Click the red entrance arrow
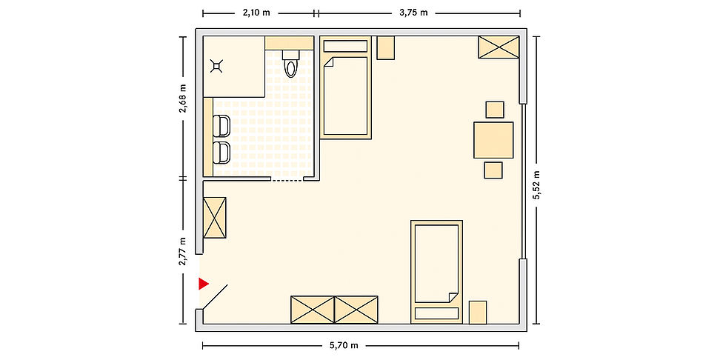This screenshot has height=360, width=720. (203, 284)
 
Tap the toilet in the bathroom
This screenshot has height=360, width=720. (290, 64)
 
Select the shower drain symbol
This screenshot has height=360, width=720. (216, 67)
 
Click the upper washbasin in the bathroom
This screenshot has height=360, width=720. (221, 126)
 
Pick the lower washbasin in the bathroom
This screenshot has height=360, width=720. (221, 153)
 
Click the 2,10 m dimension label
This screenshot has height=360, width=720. (256, 13)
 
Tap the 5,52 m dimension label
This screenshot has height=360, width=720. (536, 184)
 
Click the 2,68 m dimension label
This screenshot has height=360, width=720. (183, 98)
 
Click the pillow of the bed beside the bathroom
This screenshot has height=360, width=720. (345, 46)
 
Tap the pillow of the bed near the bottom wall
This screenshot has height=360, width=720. (437, 313)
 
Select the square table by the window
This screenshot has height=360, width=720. (493, 140)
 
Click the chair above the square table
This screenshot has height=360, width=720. (495, 110)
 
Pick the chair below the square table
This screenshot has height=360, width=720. (493, 170)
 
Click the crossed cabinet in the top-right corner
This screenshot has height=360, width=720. (499, 47)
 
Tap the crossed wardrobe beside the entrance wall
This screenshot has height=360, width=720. (214, 218)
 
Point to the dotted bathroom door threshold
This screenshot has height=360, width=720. (287, 181)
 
